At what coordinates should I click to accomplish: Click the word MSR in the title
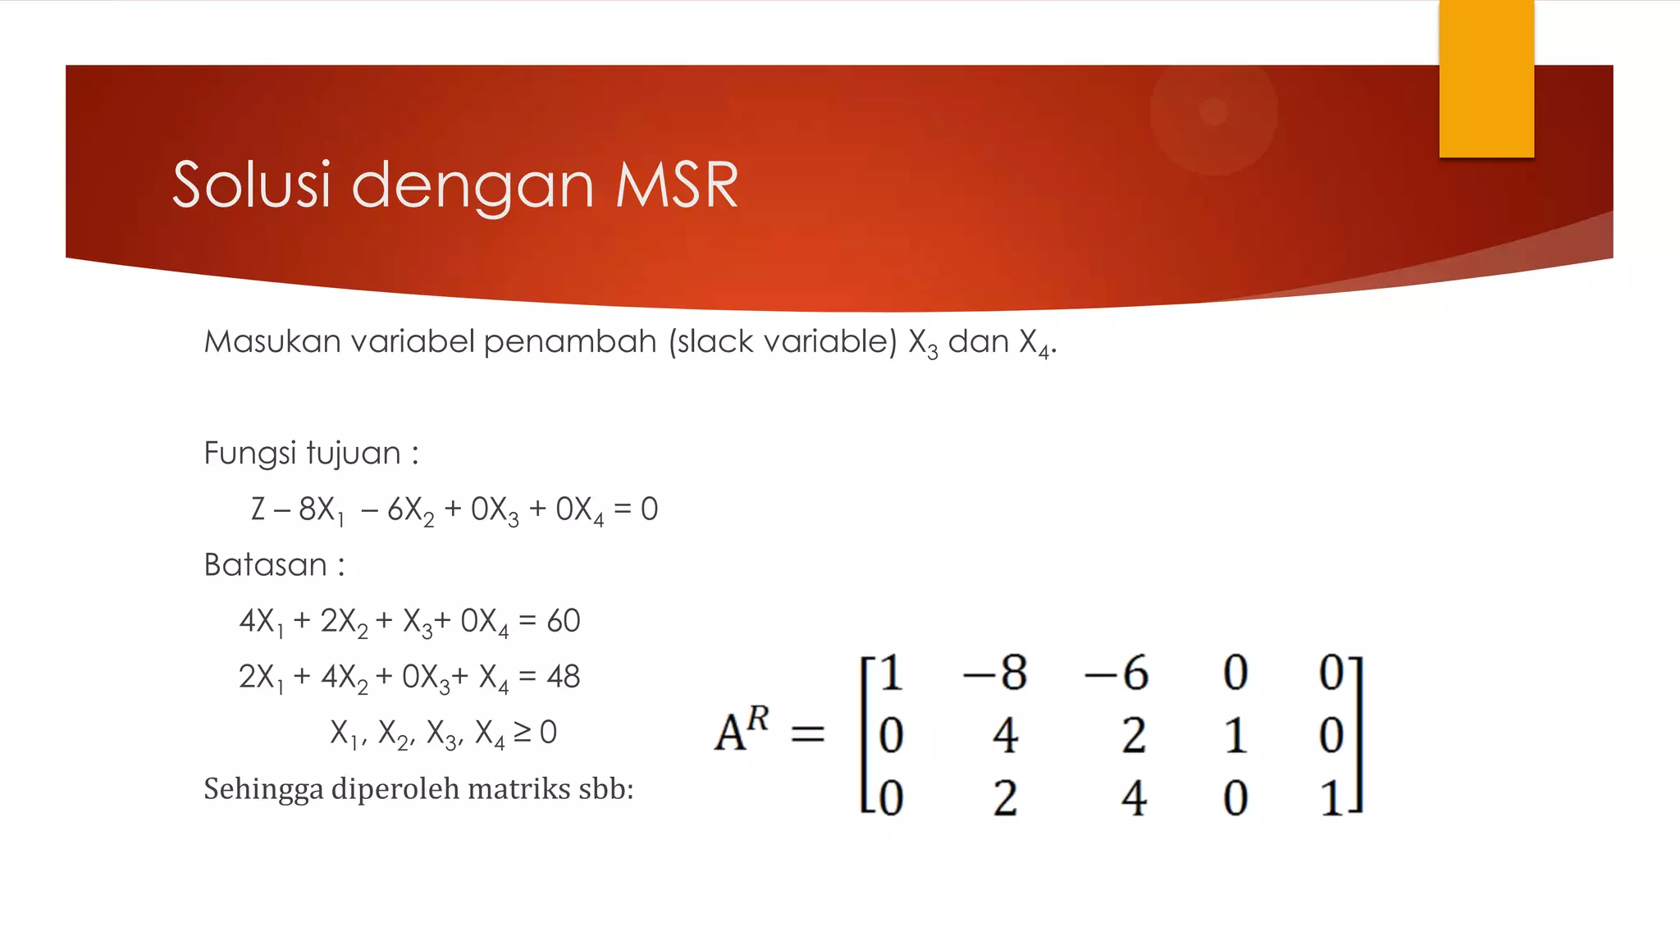(677, 185)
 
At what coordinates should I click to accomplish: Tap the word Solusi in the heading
(252, 185)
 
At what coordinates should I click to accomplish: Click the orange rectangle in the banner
(1486, 78)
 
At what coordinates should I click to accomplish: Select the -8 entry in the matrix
(994, 673)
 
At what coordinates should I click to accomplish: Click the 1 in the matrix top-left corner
(891, 673)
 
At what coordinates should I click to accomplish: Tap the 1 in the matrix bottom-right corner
(1332, 798)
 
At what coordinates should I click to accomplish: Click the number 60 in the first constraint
(564, 621)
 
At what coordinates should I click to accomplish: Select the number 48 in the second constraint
(564, 677)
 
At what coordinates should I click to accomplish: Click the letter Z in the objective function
(258, 509)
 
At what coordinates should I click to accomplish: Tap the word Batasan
(266, 565)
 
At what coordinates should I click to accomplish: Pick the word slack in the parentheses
(714, 341)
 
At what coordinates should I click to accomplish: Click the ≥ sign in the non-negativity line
(523, 732)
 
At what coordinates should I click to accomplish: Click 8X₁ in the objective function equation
(321, 509)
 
